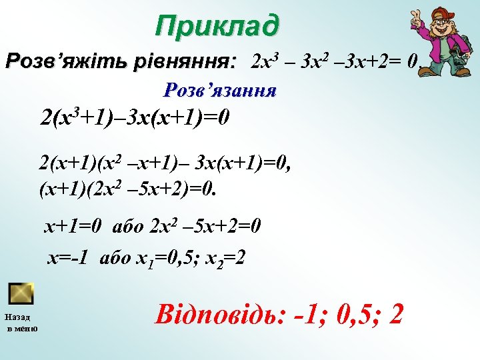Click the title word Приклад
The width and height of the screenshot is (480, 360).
point(217,26)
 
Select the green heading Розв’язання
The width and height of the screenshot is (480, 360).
point(221,89)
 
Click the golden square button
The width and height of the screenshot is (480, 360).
point(21,293)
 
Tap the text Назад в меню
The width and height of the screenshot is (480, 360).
point(22,323)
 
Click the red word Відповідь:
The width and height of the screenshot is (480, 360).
point(221,314)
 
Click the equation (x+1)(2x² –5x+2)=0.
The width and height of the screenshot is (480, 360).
point(128,189)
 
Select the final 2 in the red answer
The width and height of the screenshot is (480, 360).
point(396,314)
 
